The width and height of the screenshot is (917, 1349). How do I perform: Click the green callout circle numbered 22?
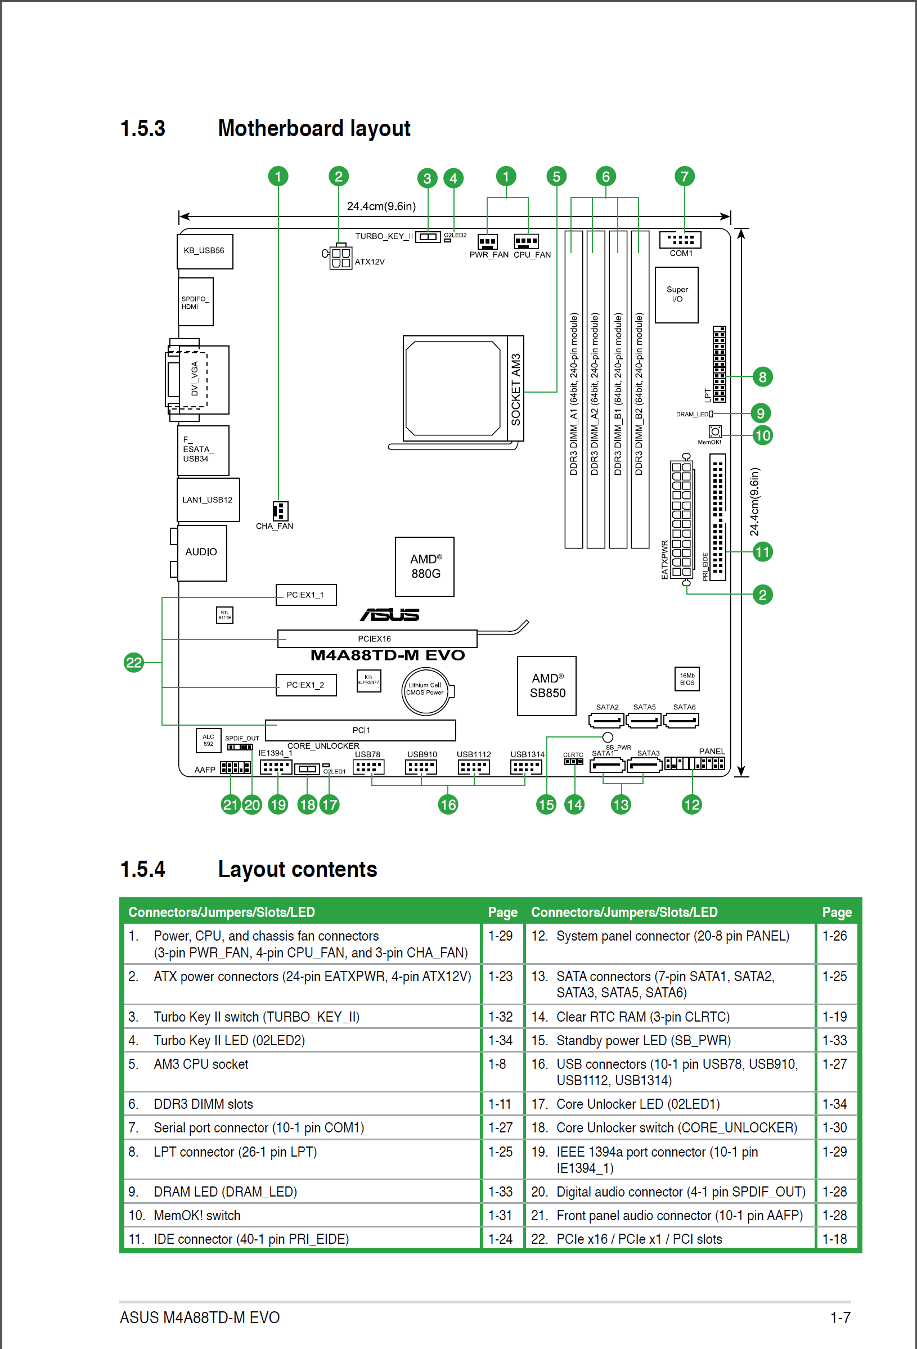(134, 662)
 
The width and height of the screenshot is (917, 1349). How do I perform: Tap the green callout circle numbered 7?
(684, 177)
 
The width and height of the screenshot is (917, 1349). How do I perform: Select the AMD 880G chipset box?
(425, 566)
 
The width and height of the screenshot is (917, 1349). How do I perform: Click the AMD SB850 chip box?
(547, 686)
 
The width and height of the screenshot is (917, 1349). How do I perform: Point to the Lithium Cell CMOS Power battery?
(426, 690)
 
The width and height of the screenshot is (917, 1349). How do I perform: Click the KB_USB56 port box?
(205, 251)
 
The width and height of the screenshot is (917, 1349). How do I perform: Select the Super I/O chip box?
(677, 295)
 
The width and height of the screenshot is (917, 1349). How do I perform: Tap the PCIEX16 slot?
(377, 638)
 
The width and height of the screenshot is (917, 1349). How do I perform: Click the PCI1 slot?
(361, 730)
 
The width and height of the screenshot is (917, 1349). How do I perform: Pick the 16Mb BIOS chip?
(687, 679)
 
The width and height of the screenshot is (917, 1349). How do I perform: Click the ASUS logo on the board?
(389, 615)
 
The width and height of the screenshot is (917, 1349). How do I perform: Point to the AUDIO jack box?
(201, 552)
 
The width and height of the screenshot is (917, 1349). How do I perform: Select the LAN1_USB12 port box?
(208, 500)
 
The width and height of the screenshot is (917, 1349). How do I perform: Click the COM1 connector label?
(681, 254)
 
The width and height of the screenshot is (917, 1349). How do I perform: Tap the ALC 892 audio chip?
(208, 741)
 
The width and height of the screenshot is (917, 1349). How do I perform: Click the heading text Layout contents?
(298, 870)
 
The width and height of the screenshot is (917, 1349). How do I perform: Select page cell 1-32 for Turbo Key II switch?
(500, 1017)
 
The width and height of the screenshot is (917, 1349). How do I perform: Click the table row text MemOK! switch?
(197, 1216)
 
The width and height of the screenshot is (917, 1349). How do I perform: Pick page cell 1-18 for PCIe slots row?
(835, 1239)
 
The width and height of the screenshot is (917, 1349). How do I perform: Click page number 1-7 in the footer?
(840, 1317)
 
